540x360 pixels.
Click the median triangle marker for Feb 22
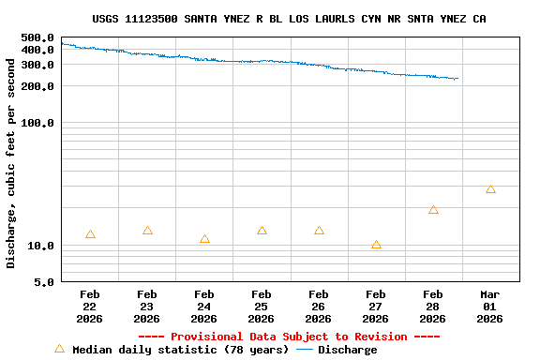click(90, 234)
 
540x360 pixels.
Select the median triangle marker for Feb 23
click(147, 231)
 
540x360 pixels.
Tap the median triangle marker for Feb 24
click(204, 239)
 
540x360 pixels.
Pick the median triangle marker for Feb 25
click(262, 231)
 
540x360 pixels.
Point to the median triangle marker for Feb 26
click(319, 231)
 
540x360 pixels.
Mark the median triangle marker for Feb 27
click(376, 245)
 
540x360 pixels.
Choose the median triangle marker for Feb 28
click(433, 210)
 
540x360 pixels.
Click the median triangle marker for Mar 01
click(490, 189)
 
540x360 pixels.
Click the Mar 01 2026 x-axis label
click(490, 306)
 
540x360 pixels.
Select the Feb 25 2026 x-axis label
click(262, 306)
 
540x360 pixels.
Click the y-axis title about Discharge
click(11, 163)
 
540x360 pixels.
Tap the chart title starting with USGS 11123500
click(289, 19)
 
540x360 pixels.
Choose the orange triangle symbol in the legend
click(60, 349)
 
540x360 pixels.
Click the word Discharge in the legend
click(347, 350)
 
